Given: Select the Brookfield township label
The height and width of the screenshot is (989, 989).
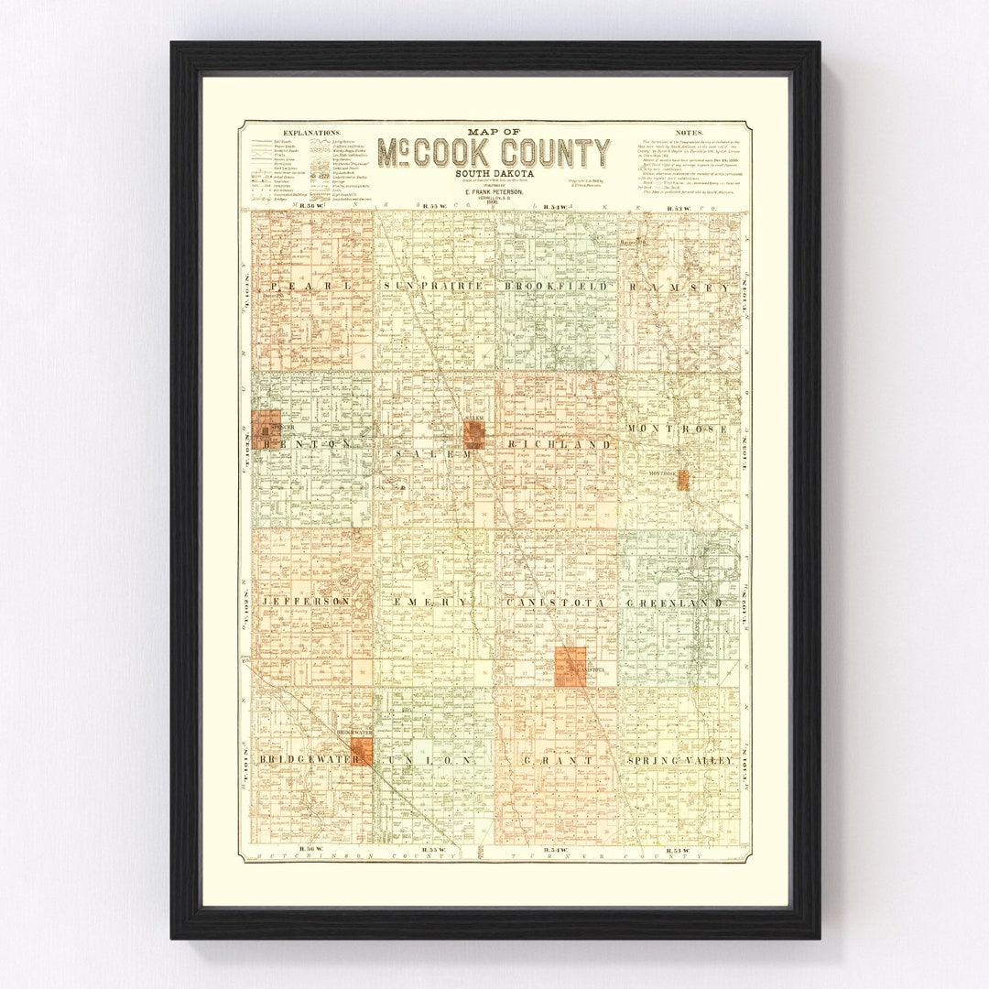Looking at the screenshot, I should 555,287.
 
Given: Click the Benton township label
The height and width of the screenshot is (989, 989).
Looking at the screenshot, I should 305,444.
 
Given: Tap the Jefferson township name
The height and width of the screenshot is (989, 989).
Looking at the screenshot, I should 306,602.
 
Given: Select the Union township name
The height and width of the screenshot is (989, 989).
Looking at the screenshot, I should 431,760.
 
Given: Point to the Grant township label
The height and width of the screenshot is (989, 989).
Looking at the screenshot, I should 556,760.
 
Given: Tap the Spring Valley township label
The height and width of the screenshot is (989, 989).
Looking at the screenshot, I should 680,761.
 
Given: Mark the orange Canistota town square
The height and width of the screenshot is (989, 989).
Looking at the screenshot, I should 571,667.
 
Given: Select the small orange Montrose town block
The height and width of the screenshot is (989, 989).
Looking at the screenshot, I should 683,481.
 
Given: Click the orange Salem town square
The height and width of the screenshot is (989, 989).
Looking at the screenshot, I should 473,434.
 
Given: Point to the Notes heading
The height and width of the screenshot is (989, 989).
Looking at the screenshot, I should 689,134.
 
